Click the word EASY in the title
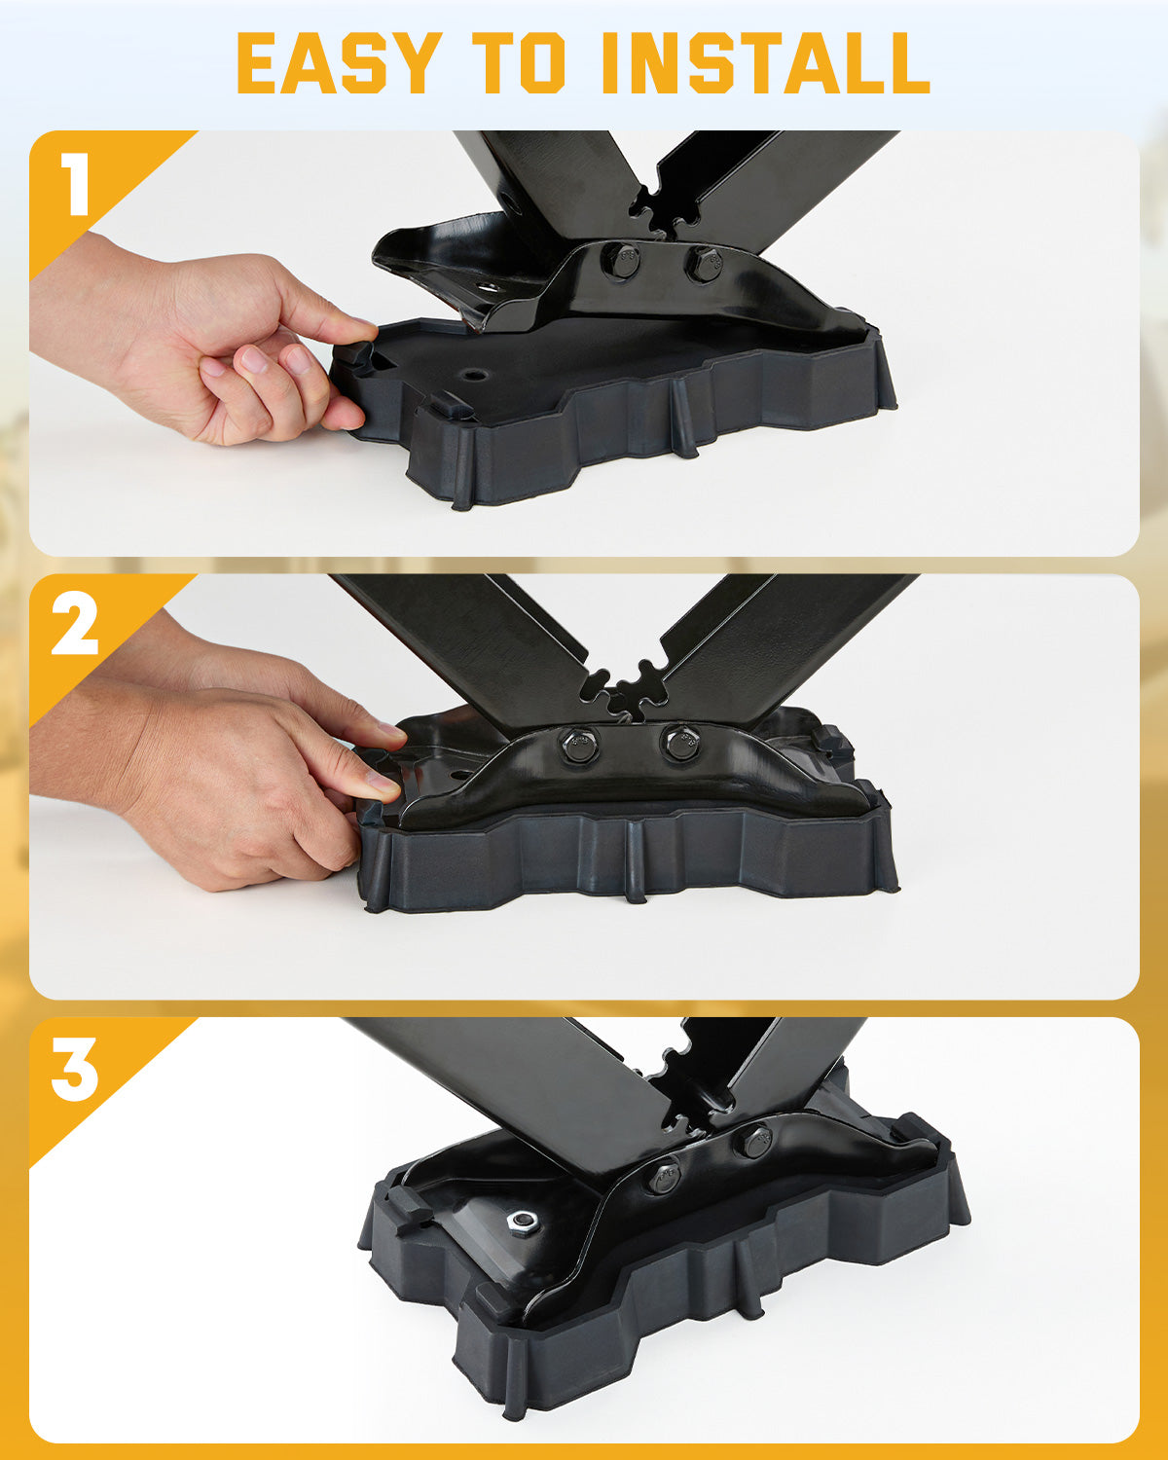coord(339,62)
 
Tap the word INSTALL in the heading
coord(766,62)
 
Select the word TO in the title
coord(519,62)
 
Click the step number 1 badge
coord(76,183)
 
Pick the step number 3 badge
coord(75,1070)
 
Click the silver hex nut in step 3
coord(523,1222)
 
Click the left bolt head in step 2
coord(579,745)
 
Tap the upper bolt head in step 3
coord(753,1143)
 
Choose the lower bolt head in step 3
coord(664,1179)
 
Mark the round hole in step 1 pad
coord(474,375)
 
